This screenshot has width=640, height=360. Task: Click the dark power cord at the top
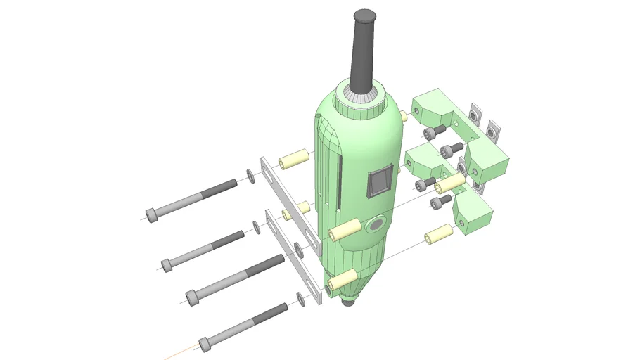tap(365, 49)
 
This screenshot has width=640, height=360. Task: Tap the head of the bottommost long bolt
tap(205, 345)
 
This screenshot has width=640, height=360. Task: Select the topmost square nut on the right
tap(475, 111)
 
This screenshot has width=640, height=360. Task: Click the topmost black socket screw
tap(435, 131)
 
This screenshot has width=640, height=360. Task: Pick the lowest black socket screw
tap(441, 202)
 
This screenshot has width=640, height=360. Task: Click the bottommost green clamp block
tap(472, 214)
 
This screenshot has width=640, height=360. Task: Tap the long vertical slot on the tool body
tap(339, 182)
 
